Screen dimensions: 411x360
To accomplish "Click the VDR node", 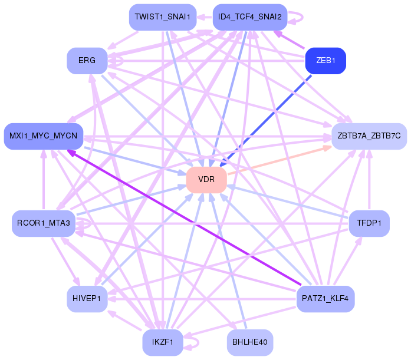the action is click(x=206, y=180).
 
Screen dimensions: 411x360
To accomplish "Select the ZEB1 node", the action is click(x=325, y=61).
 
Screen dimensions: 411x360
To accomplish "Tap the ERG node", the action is click(x=87, y=61).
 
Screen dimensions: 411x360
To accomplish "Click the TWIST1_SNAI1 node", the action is click(x=163, y=17).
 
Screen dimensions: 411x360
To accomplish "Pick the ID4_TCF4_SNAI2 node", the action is click(x=250, y=17).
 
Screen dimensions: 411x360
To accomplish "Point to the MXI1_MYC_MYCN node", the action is click(x=44, y=136).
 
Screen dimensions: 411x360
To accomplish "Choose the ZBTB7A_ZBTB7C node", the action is click(x=369, y=136).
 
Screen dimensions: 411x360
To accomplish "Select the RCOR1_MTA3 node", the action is click(x=44, y=223).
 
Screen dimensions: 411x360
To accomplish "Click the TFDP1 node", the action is click(x=369, y=223).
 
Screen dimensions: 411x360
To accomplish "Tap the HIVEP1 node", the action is click(x=87, y=299).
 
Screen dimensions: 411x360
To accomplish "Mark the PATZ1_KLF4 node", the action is click(x=325, y=299).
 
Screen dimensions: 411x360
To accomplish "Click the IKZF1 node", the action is click(x=163, y=342).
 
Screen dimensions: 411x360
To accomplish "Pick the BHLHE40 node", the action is click(x=250, y=342).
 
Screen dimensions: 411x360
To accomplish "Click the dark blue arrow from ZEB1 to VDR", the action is click(x=265, y=121).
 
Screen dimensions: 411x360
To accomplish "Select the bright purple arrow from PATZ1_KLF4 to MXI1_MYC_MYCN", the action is click(x=184, y=217).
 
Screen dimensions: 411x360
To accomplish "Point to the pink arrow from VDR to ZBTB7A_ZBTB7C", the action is click(x=280, y=160).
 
